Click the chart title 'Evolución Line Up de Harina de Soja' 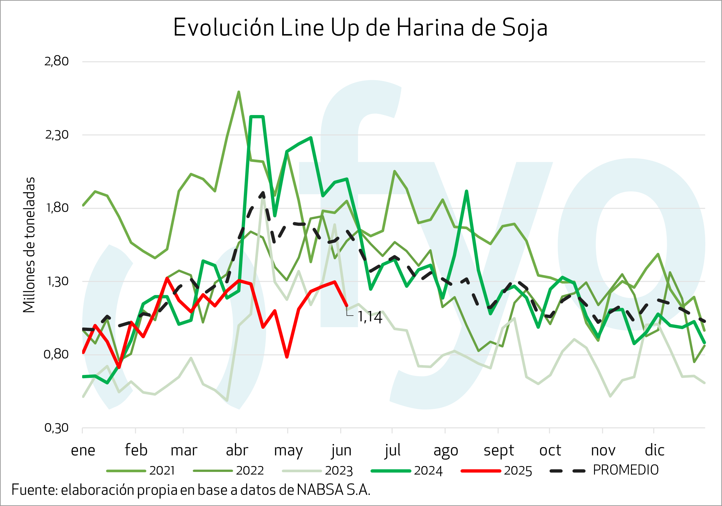(360, 28)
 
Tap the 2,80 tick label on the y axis (57, 61)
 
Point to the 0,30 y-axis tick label (57, 428)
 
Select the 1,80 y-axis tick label (57, 208)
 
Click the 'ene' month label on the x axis (83, 450)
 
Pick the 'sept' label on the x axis (499, 450)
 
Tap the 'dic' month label (655, 450)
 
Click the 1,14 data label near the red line (370, 317)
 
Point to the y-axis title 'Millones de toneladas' (29, 245)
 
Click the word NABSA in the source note (320, 490)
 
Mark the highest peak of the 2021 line (239, 92)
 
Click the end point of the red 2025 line (347, 306)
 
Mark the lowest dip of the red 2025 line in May (287, 357)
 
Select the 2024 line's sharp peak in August (466, 191)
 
